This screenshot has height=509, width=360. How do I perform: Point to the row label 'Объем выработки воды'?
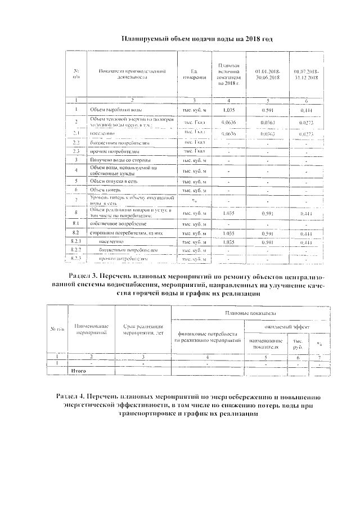tap(112, 110)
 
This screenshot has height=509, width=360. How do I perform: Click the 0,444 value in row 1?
tap(307, 110)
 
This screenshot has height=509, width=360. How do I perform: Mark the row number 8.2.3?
tap(77, 259)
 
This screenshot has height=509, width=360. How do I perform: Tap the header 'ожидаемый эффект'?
tap(287, 326)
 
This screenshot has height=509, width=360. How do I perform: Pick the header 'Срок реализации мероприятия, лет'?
tap(143, 330)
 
